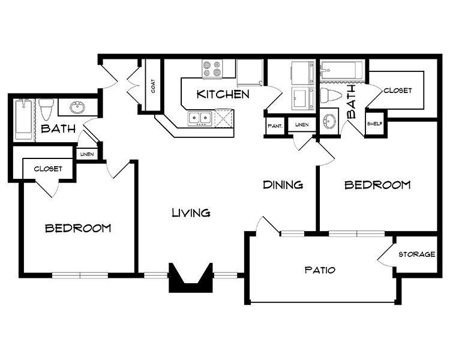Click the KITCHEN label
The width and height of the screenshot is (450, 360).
[x=223, y=94]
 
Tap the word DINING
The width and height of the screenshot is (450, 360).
[x=283, y=185]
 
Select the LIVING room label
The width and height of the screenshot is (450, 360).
[x=191, y=212]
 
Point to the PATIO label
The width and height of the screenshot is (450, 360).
[x=319, y=270]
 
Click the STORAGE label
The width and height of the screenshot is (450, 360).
[x=417, y=254]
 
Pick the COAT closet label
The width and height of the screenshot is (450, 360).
[x=153, y=86]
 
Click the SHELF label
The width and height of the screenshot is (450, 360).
[x=374, y=124]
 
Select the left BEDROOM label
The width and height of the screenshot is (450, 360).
[x=78, y=228]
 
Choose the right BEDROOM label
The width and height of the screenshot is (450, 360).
[x=377, y=185]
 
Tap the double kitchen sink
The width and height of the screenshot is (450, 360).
[x=199, y=118]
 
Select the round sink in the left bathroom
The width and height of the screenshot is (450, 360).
[x=77, y=108]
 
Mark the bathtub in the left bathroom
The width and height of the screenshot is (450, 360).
[x=22, y=118]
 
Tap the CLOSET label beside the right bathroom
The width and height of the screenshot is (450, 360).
[x=397, y=91]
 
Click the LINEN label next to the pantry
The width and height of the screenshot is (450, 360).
[x=301, y=125]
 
